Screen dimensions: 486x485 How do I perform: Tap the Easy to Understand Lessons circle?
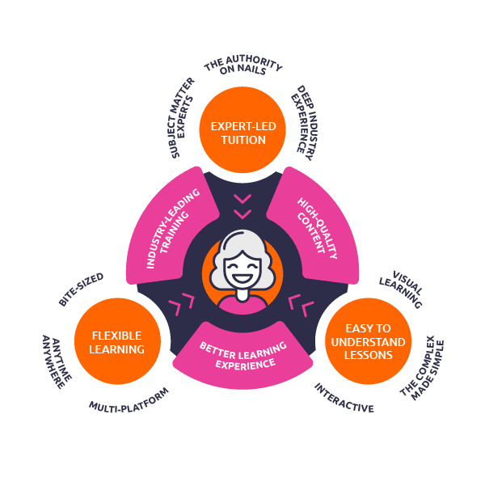coord(368,341)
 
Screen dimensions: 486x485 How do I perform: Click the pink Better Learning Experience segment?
coord(242,357)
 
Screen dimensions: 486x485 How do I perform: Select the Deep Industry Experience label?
coord(305,120)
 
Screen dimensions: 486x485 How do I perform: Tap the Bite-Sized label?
coord(81,289)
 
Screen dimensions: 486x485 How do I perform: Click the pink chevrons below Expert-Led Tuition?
coord(242,206)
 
